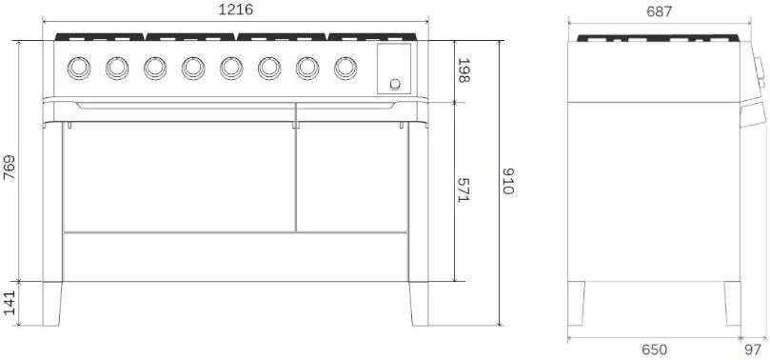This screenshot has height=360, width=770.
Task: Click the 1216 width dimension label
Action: (x=236, y=10)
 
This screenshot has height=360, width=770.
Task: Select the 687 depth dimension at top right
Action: (x=659, y=11)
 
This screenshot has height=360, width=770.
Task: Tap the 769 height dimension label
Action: (x=10, y=168)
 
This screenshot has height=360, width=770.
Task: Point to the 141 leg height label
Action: (x=10, y=304)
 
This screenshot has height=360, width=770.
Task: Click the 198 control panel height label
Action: (x=464, y=70)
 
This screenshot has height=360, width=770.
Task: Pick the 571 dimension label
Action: (x=464, y=190)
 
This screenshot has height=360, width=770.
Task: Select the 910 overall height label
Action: (x=508, y=181)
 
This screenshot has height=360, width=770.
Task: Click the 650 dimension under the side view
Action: (x=655, y=350)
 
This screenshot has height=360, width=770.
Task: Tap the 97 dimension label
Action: (x=753, y=350)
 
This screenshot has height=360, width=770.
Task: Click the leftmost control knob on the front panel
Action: (x=79, y=69)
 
